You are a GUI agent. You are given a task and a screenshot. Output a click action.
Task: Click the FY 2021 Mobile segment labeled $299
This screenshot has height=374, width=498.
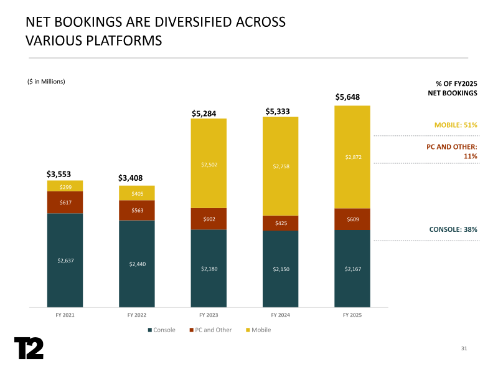click(65, 186)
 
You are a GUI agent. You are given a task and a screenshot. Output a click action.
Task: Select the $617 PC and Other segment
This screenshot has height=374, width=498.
click(65, 202)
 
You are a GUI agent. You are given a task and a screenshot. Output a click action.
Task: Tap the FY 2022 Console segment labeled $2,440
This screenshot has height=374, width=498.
click(137, 264)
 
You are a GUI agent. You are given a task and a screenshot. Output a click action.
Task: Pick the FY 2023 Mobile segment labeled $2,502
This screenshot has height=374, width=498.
click(209, 165)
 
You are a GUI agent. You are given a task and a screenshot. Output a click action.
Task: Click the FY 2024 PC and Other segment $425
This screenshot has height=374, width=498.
click(280, 223)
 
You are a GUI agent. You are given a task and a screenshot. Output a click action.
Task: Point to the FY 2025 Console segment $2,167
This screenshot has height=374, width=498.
click(352, 269)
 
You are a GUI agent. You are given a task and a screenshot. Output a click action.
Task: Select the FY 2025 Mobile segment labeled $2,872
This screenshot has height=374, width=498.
click(352, 157)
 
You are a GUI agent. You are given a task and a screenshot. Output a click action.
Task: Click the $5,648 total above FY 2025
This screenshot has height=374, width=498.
click(347, 97)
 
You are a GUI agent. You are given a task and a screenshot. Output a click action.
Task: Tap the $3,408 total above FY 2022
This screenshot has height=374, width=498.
click(131, 178)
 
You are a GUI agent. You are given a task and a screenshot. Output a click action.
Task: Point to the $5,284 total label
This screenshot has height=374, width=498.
click(204, 113)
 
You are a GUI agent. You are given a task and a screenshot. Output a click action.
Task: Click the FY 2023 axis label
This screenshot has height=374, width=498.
click(209, 315)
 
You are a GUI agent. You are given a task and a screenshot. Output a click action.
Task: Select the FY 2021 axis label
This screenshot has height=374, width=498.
click(65, 315)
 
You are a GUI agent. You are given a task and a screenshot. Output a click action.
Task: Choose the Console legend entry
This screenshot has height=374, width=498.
click(161, 330)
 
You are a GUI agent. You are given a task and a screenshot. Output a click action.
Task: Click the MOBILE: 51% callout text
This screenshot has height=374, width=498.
click(456, 125)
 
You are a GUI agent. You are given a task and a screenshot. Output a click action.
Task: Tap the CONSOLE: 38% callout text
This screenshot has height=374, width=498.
click(453, 230)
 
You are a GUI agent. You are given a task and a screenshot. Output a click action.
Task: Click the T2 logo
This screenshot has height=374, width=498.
click(29, 348)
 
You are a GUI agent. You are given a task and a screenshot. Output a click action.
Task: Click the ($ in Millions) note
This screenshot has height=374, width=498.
click(47, 82)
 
